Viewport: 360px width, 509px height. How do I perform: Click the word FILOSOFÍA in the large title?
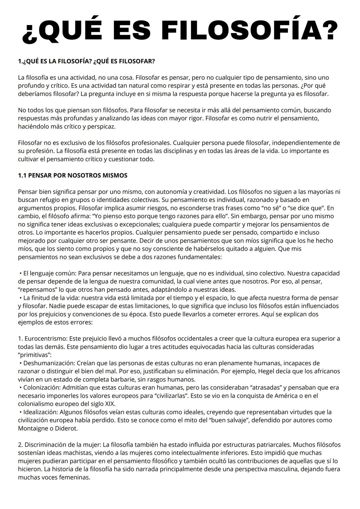pyautogui.click(x=252, y=31)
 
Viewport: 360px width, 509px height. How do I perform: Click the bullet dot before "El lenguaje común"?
pyautogui.click(x=21, y=273)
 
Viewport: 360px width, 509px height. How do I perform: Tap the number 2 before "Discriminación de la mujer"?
pyautogui.click(x=20, y=445)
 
